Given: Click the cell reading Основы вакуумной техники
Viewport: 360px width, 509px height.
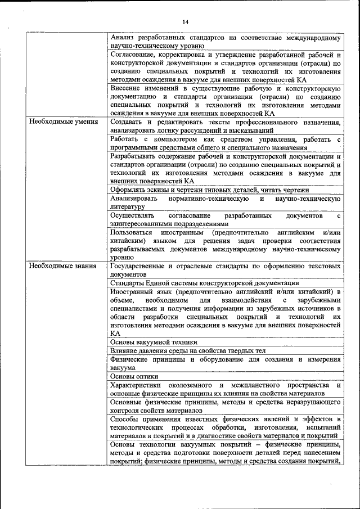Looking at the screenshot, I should (x=154, y=342).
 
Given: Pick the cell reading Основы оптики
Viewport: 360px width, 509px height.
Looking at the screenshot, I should (x=134, y=376).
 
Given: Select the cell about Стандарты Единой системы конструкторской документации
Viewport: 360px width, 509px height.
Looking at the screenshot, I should (x=204, y=283).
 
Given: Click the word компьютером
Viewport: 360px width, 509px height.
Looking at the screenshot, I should (x=169, y=139).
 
